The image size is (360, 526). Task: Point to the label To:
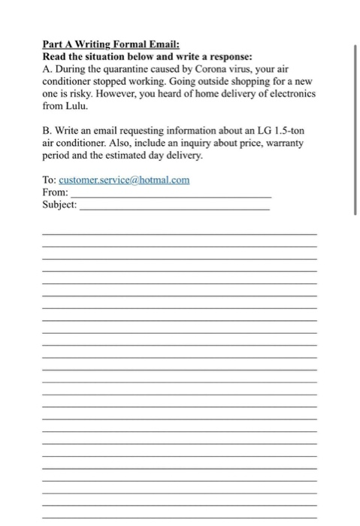tap(50, 180)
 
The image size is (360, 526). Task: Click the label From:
tap(56, 192)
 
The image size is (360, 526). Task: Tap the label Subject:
tap(60, 205)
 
